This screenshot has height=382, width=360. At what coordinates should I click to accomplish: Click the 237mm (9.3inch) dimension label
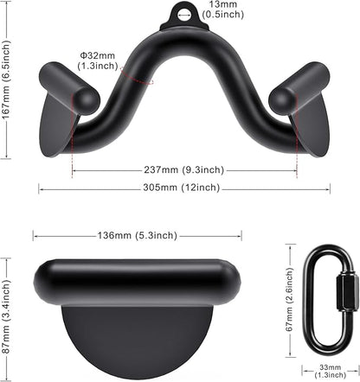(x=184, y=169)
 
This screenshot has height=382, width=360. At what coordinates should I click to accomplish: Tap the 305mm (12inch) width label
(x=182, y=188)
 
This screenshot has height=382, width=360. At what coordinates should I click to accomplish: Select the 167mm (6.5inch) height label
(x=5, y=78)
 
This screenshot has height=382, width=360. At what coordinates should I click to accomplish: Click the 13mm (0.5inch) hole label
(x=223, y=10)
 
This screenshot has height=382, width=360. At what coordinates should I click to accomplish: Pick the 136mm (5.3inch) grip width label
(x=138, y=235)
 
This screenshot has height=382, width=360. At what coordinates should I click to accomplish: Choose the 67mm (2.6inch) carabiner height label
(x=290, y=300)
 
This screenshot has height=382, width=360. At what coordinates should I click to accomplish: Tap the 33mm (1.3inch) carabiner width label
(x=331, y=371)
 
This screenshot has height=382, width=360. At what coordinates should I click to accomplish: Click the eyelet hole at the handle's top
(x=184, y=15)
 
